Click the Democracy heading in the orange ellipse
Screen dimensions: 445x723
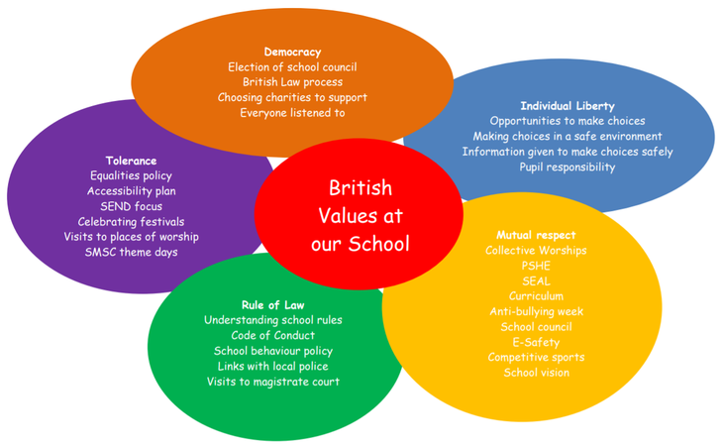tap(292, 52)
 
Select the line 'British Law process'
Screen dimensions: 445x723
tap(292, 82)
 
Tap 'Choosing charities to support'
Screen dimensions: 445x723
tap(292, 97)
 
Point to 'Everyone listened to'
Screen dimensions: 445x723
tap(292, 113)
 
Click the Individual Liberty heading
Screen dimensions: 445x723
tap(568, 106)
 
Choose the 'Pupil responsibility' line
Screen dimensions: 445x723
tap(568, 167)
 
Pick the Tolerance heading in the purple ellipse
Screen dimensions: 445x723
tap(131, 161)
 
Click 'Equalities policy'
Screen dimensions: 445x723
tap(131, 175)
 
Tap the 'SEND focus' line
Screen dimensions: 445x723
tap(131, 206)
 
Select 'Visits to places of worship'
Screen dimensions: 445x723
tap(131, 237)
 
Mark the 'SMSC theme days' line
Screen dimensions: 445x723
tap(131, 252)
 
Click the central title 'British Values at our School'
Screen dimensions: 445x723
tap(360, 215)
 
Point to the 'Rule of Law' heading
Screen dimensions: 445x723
tap(273, 305)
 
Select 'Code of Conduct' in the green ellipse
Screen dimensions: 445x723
tap(273, 336)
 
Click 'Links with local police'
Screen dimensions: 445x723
tap(273, 367)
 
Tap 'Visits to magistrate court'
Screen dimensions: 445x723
tap(273, 382)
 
